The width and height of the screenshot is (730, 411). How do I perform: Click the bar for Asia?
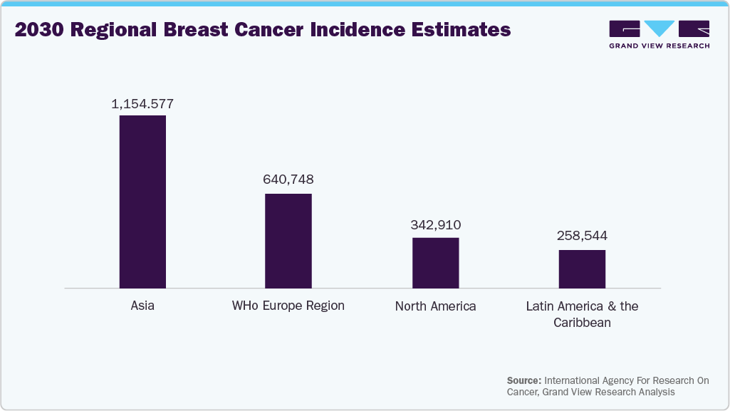point(142,202)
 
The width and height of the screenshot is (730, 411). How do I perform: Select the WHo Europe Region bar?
point(288,241)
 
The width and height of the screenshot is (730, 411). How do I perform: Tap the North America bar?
point(436,263)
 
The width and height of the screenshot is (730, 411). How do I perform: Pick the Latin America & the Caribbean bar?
point(582,269)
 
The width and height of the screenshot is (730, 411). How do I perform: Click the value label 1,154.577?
point(142,104)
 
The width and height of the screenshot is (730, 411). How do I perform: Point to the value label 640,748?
point(288,180)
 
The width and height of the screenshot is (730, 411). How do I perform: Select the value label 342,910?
point(436,225)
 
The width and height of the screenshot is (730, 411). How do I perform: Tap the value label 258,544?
point(583,236)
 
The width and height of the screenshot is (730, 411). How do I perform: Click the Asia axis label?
point(142,306)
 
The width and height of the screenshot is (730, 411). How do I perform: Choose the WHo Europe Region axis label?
point(288,306)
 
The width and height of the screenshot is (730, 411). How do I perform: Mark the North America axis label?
point(436,306)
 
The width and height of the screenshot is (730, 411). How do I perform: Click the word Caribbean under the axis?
point(582,323)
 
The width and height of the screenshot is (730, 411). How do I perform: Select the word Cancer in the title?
point(266,30)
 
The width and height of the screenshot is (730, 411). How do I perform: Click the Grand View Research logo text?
point(659,46)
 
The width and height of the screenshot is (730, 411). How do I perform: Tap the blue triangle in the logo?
point(659,28)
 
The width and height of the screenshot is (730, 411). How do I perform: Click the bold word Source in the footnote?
point(524,380)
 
